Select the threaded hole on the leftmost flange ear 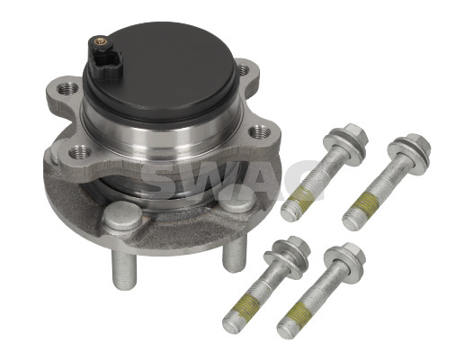point(67,88)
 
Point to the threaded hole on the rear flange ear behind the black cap point(243,70)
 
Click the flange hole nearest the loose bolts point(260,132)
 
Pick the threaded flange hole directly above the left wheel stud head point(80,152)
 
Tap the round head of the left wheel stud point(122,215)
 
